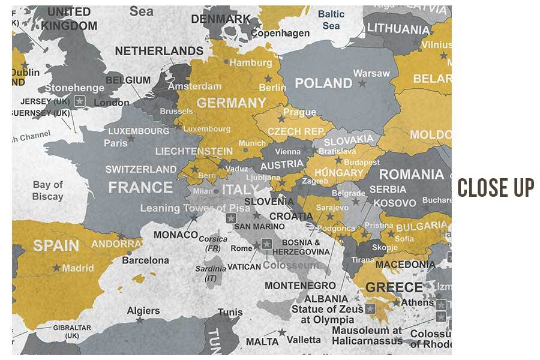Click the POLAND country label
click(x=323, y=83)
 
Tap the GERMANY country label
click(x=231, y=103)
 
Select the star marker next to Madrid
click(x=56, y=268)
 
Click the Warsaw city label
click(x=371, y=73)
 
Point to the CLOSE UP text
click(x=496, y=188)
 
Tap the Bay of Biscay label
click(x=48, y=190)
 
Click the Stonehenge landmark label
click(x=74, y=88)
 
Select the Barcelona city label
click(x=145, y=260)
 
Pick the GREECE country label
click(x=394, y=287)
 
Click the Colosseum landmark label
click(x=290, y=265)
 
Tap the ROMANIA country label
click(x=412, y=175)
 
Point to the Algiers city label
click(x=143, y=310)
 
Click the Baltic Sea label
click(x=331, y=19)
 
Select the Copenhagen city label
click(x=280, y=34)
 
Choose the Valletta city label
click(x=304, y=340)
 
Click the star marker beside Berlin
click(x=268, y=79)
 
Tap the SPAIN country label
click(x=56, y=245)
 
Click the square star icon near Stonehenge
click(x=79, y=101)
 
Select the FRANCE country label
click(x=140, y=187)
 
